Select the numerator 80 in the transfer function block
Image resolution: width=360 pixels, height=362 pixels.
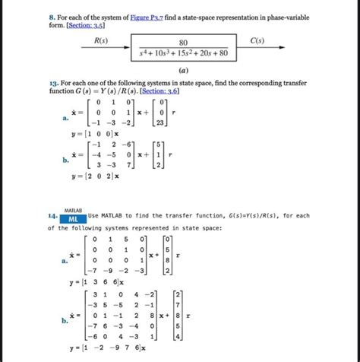[x=183, y=43]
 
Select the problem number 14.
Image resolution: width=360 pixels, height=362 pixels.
[x=52, y=218]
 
